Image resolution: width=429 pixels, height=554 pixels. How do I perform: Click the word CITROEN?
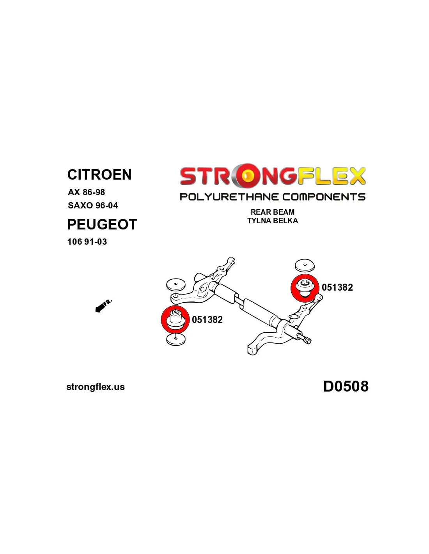click(x=99, y=175)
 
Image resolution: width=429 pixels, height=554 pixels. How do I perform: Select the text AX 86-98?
click(x=86, y=192)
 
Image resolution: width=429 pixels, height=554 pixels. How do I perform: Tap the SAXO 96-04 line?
click(x=93, y=205)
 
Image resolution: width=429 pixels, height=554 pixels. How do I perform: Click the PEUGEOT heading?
click(x=102, y=224)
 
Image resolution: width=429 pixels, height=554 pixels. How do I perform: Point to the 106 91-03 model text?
click(x=87, y=242)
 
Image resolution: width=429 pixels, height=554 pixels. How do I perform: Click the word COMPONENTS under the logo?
click(x=324, y=197)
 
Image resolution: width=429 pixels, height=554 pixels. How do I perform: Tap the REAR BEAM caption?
click(x=273, y=212)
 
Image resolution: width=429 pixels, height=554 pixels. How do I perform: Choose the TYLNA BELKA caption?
click(x=273, y=221)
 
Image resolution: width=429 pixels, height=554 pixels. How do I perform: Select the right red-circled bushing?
click(x=305, y=288)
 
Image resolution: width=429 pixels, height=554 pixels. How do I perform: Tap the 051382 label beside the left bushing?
click(x=207, y=319)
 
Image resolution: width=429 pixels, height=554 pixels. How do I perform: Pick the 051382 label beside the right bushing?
click(x=337, y=288)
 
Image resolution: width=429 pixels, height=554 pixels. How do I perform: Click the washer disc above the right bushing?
click(x=305, y=266)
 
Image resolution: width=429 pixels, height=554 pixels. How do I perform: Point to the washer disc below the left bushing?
click(x=176, y=340)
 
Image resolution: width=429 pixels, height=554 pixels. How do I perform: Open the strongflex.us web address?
click(x=96, y=387)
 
